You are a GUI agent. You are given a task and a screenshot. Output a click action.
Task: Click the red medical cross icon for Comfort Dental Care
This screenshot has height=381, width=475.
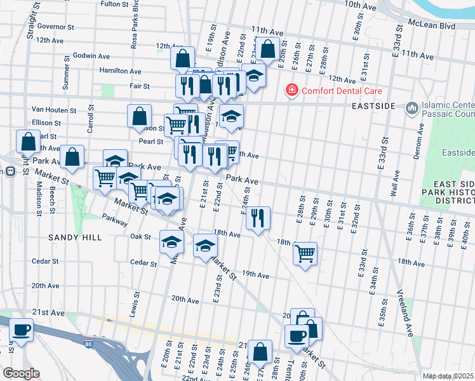(292, 91)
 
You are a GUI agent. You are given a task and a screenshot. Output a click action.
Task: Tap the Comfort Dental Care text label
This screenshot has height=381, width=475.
(336, 91)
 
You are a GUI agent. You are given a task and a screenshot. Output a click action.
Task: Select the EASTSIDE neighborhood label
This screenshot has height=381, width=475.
(375, 105)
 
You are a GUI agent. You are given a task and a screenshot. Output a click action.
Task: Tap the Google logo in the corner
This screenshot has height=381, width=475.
(21, 373)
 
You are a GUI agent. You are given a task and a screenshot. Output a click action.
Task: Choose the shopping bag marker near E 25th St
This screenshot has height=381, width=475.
(268, 48)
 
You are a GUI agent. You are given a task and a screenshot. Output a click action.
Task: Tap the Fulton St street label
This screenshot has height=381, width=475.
(115, 4)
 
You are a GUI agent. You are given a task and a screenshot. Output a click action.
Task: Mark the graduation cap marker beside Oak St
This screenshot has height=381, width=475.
(171, 242)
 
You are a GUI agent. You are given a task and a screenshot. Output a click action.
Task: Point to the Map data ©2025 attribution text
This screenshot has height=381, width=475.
(448, 376)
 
